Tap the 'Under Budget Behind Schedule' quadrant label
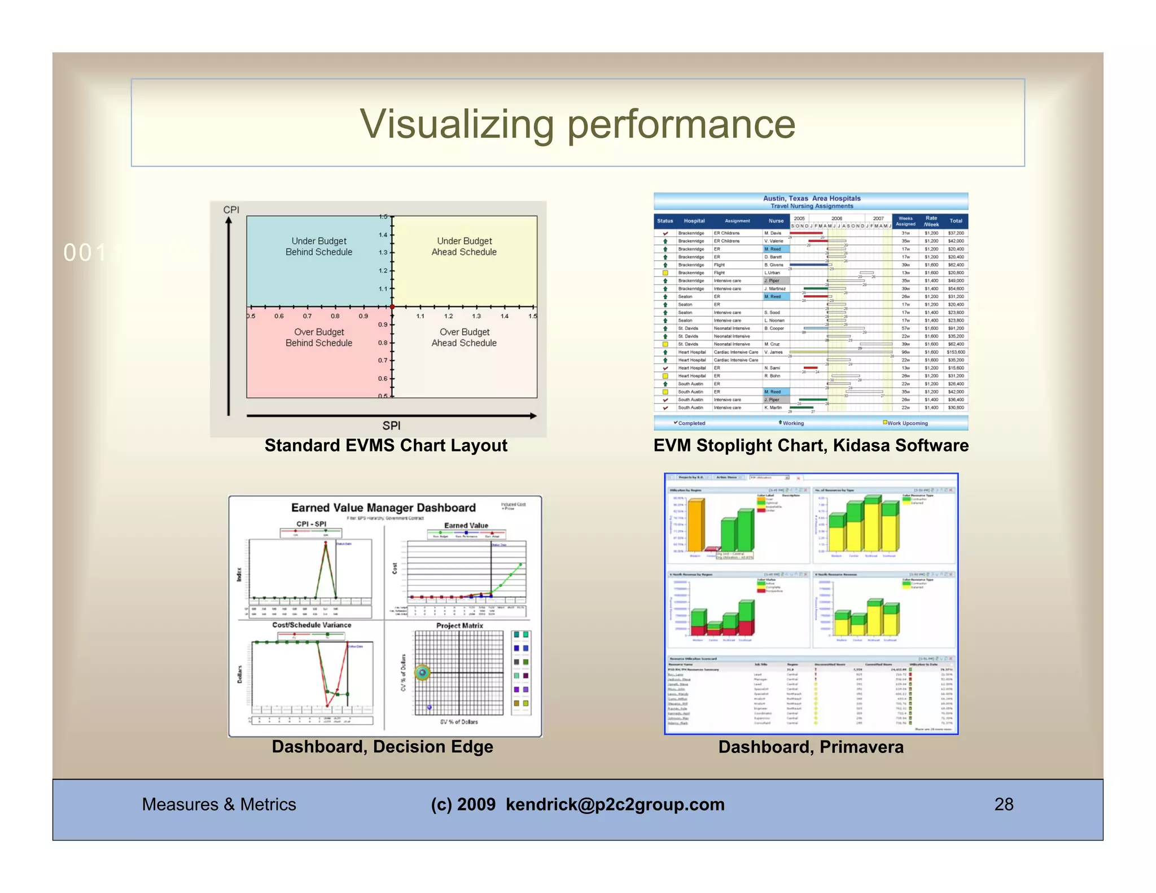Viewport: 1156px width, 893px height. coord(319,247)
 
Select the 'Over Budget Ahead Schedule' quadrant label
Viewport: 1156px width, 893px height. coord(464,338)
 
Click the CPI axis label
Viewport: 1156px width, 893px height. coord(231,210)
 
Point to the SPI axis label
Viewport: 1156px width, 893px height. coord(391,426)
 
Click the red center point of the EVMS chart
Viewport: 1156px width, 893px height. coord(392,307)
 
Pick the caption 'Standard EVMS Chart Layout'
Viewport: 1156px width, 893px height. coord(386,445)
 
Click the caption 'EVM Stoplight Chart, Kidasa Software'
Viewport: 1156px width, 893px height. coord(811,445)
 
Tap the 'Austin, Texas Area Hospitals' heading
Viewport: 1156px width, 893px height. coord(812,199)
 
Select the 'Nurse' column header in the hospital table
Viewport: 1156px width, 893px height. coord(776,221)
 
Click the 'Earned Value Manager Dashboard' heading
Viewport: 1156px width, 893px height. coord(383,507)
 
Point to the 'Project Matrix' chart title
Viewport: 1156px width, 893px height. coord(459,625)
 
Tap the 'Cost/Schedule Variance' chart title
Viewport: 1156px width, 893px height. coord(312,625)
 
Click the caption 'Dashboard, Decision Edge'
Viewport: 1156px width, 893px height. coord(382,747)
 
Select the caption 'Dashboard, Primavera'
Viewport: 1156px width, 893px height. coord(811,747)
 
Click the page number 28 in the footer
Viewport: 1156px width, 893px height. coord(1004,804)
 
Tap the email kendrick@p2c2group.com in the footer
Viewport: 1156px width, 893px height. coord(615,804)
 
